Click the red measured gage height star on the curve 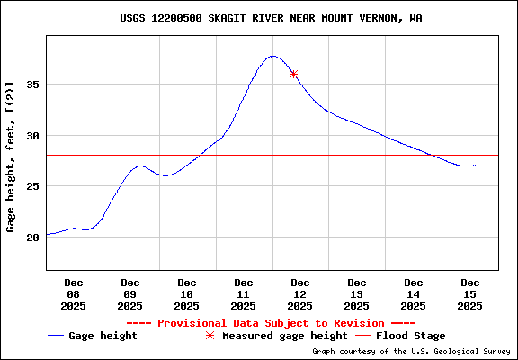click(293, 74)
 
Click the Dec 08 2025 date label click(74, 294)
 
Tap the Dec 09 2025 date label click(130, 294)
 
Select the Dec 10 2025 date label click(187, 294)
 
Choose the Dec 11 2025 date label click(244, 294)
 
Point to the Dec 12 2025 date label click(300, 294)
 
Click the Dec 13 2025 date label click(357, 294)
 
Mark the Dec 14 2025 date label click(414, 294)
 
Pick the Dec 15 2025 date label click(469, 294)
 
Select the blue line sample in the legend click(58, 336)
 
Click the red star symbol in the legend click(210, 336)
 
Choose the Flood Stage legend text click(410, 336)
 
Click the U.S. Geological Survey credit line click(412, 352)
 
